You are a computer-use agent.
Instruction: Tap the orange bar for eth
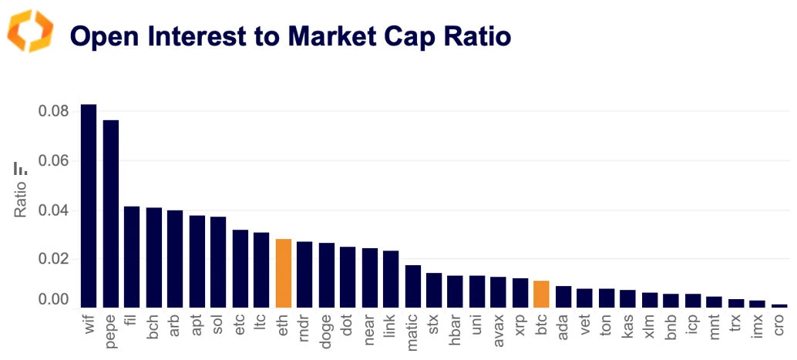tap(283, 273)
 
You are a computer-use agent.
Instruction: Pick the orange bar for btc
tap(541, 294)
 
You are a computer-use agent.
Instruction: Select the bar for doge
tap(326, 274)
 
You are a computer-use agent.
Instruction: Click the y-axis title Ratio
tap(22, 197)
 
